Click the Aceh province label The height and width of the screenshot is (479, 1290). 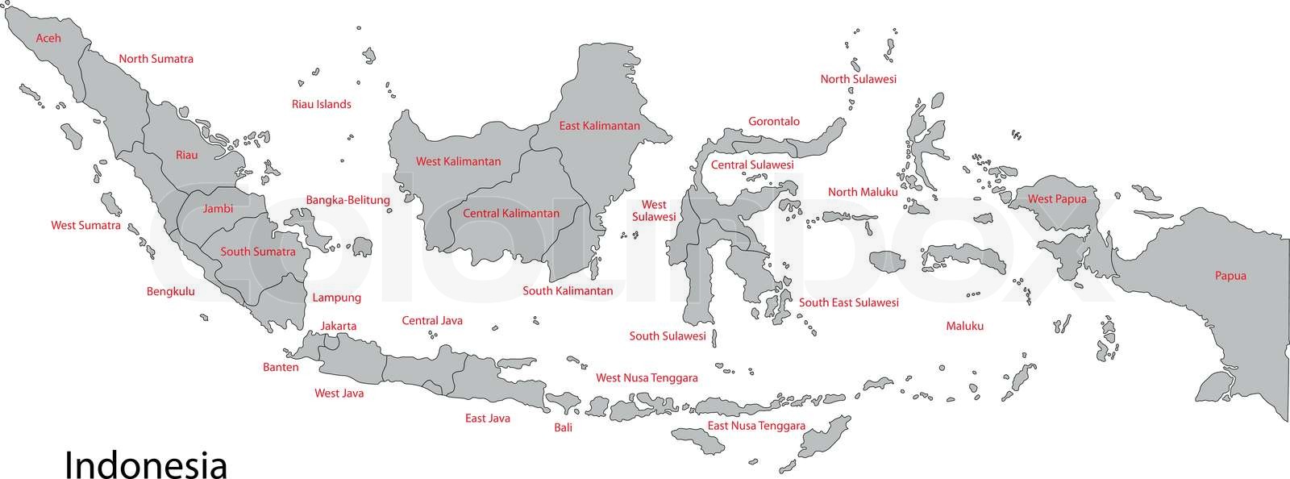[48, 38]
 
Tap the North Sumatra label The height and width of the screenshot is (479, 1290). [156, 59]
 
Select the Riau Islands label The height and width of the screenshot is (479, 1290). [321, 104]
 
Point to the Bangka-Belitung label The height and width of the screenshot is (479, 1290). [347, 200]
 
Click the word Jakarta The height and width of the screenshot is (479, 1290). [338, 326]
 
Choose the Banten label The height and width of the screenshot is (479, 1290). [281, 367]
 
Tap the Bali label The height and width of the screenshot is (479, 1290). [563, 427]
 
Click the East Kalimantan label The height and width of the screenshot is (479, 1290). [599, 126]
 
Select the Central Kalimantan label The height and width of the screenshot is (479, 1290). [510, 214]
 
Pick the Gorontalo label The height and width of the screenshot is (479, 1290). [773, 122]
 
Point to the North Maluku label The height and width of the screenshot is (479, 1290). [862, 192]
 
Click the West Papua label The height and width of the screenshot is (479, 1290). [1056, 198]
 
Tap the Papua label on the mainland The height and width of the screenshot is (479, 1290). [1230, 276]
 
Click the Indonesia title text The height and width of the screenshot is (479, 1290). [145, 465]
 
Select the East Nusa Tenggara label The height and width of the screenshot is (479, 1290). [755, 425]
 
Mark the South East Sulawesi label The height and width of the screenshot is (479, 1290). [848, 302]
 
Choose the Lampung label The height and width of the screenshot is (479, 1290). [336, 298]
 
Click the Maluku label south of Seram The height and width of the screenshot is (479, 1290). [964, 327]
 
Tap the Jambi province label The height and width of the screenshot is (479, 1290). [218, 208]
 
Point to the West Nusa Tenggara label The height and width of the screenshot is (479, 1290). [647, 377]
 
